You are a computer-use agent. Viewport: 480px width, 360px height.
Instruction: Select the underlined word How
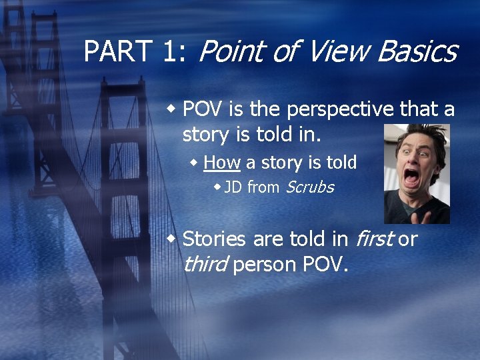[222, 162]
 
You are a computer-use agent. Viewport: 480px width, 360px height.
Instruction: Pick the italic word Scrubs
[309, 187]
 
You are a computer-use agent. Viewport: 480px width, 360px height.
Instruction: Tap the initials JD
[233, 187]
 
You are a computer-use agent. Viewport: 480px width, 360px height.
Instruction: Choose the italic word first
[375, 238]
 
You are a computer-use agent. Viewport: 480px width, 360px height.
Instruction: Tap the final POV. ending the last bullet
[326, 264]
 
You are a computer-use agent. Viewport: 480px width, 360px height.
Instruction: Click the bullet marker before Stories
[172, 238]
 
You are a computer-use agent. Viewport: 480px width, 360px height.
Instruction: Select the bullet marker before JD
[217, 187]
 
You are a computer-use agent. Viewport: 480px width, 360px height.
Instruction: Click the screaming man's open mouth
[412, 179]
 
